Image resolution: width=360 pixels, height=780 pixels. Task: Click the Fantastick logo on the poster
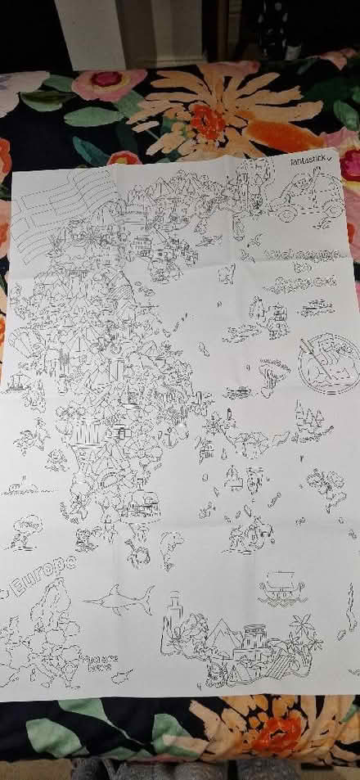(309, 165)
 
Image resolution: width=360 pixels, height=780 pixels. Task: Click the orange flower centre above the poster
(208, 122)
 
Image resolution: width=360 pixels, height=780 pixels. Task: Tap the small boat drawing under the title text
(314, 309)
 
